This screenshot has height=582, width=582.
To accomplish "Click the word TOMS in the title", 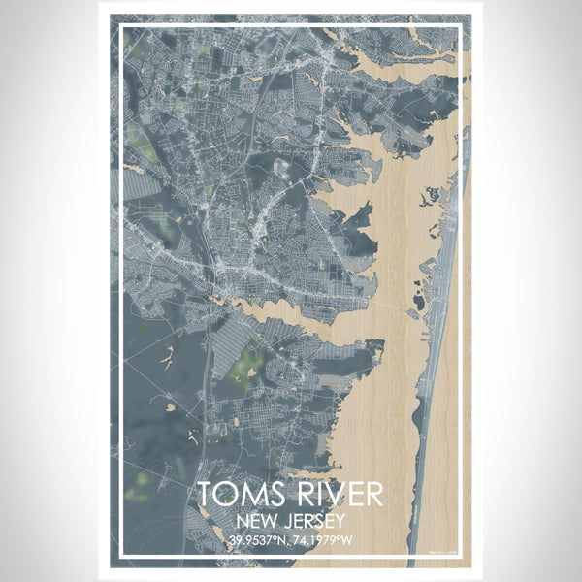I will pyautogui.click(x=239, y=495).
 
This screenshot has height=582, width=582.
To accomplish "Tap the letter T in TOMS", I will pyautogui.click(x=207, y=495).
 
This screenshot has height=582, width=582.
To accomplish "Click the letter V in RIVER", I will pyautogui.click(x=331, y=495).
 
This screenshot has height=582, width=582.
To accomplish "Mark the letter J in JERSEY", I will pyautogui.click(x=281, y=519).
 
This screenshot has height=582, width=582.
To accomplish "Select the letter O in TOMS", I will pyautogui.click(x=229, y=495).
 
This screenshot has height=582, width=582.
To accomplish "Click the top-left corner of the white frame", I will pyautogui.click(x=121, y=26).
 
